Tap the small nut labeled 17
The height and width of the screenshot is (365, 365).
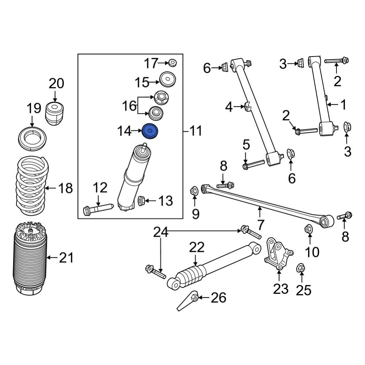(x=173, y=63)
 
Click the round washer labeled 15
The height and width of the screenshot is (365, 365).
(x=168, y=80)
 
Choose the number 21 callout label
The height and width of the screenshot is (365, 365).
(x=66, y=258)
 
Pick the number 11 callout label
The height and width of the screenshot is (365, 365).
(x=196, y=131)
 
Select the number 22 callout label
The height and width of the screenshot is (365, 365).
(x=197, y=249)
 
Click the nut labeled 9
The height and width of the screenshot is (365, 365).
(x=194, y=190)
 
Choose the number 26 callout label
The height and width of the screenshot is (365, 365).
(x=219, y=298)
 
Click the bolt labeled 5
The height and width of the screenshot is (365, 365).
(x=252, y=163)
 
